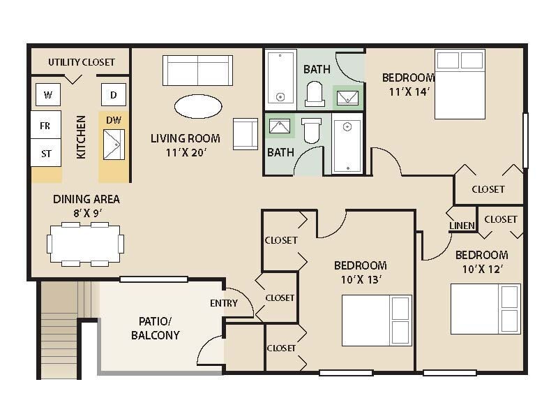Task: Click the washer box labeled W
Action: pyautogui.click(x=47, y=94)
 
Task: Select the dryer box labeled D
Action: pyautogui.click(x=114, y=94)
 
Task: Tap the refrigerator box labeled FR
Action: pyautogui.click(x=45, y=126)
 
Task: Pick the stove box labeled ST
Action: pyautogui.click(x=45, y=153)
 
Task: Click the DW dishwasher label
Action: pyautogui.click(x=114, y=120)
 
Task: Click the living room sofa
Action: pyautogui.click(x=197, y=70)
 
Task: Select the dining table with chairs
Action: pyautogui.click(x=85, y=244)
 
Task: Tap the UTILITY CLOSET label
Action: pyautogui.click(x=81, y=62)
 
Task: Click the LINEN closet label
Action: pyautogui.click(x=462, y=226)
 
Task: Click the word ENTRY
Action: pyautogui.click(x=223, y=303)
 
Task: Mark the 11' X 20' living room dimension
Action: pyautogui.click(x=186, y=153)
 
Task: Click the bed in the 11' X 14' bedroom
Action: pyautogui.click(x=459, y=84)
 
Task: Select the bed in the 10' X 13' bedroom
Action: pyautogui.click(x=376, y=320)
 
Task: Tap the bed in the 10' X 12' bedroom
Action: pyautogui.click(x=485, y=309)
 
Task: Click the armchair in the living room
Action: pyautogui.click(x=245, y=133)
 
